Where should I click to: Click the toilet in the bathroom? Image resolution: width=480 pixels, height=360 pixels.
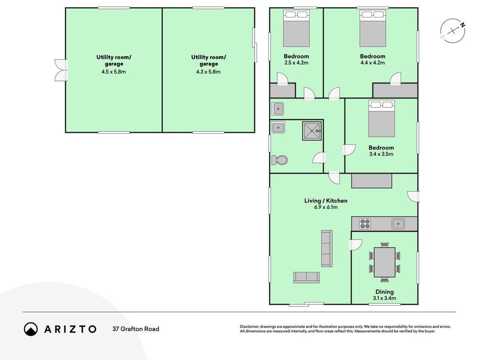tap(279, 160)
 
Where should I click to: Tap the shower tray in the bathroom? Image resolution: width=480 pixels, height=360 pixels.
tap(312, 131)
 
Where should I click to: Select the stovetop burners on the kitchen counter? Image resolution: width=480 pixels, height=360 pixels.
tap(365, 224)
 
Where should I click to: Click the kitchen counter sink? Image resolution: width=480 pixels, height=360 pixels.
tap(398, 224)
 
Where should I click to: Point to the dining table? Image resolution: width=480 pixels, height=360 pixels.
tap(385, 262)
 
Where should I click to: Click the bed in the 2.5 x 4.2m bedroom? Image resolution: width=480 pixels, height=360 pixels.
tap(296, 28)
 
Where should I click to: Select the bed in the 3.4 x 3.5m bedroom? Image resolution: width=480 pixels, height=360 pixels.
tap(381, 118)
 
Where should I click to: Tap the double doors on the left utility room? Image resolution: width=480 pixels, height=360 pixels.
tap(61, 70)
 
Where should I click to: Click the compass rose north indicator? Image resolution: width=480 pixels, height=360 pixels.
tap(453, 31)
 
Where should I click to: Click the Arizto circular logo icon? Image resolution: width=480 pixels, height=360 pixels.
tap(31, 329)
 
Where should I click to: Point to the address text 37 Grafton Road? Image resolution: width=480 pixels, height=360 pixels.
tap(136, 329)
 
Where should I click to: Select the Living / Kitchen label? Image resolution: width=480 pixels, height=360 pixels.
tap(326, 201)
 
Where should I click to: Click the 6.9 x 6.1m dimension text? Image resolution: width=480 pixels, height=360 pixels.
tap(326, 207)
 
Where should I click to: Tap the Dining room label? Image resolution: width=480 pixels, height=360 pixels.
tap(385, 292)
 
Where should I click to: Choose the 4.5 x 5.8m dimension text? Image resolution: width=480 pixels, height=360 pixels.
tap(113, 72)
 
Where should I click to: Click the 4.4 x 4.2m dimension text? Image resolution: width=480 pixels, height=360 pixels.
tap(372, 63)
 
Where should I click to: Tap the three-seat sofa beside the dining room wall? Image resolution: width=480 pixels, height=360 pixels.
tap(327, 248)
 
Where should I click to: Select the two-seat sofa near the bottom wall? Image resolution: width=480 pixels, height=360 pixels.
tap(306, 277)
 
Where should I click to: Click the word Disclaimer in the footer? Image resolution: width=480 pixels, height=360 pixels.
tap(250, 327)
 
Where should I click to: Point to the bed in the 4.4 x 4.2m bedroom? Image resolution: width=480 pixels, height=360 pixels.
tap(372, 28)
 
